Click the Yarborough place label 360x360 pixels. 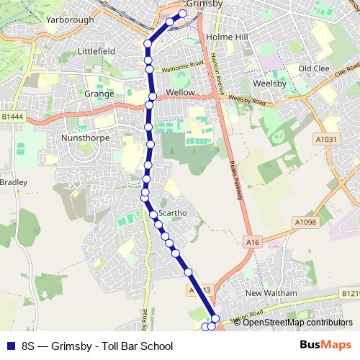pyautogui.click(x=69, y=20)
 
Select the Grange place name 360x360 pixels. pyautogui.click(x=99, y=94)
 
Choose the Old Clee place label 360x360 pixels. pyautogui.click(x=314, y=68)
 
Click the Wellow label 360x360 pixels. pyautogui.click(x=180, y=94)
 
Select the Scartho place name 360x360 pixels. pyautogui.click(x=173, y=213)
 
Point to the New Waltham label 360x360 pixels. pyautogui.click(x=271, y=294)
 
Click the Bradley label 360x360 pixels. pyautogui.click(x=13, y=183)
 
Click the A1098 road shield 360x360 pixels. pyautogui.click(x=305, y=222)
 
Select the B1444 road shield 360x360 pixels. pyautogui.click(x=12, y=116)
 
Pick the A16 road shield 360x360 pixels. pyautogui.click(x=252, y=243)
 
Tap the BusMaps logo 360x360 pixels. pyautogui.click(x=325, y=345)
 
